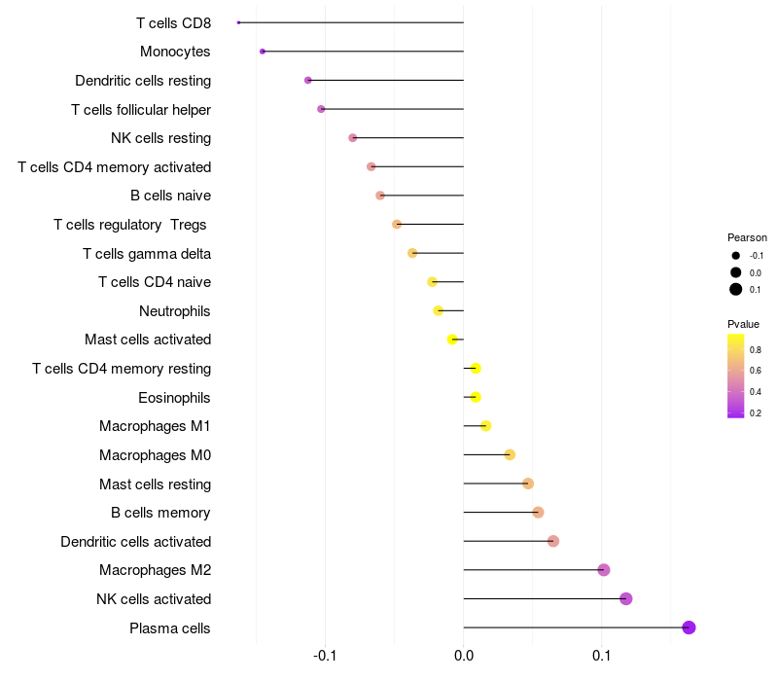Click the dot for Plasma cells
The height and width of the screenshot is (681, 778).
689,627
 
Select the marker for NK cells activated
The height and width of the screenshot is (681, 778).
625,598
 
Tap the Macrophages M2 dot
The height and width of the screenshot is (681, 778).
603,570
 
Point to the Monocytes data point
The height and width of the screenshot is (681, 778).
263,52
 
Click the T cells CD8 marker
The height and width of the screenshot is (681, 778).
238,22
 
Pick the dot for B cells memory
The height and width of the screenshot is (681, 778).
538,513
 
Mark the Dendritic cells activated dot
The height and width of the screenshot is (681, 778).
553,541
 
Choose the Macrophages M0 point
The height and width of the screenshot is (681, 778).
510,455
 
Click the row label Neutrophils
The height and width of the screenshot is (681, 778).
175,311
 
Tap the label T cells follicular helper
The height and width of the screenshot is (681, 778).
141,110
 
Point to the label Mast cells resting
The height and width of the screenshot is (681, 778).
155,484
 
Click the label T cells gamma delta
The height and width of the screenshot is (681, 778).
147,254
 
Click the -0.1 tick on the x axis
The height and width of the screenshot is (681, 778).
325,658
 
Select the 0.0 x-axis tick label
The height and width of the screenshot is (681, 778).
464,658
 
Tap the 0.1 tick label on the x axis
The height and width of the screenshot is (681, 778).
602,658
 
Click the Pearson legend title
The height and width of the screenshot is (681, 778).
747,237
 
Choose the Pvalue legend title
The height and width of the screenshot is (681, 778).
744,324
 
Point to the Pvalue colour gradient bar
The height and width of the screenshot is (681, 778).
736,376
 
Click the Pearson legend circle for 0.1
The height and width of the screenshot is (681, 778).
736,289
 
